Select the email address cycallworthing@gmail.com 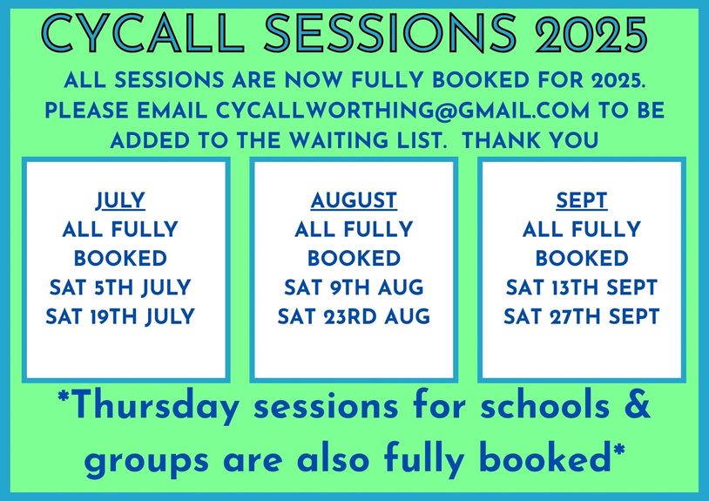pyautogui.click(x=402, y=111)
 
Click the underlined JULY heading pyautogui.click(x=120, y=200)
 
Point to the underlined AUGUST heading pyautogui.click(x=354, y=200)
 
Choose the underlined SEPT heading pyautogui.click(x=582, y=200)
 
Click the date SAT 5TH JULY pyautogui.click(x=120, y=288)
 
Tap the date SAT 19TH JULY pyautogui.click(x=120, y=317)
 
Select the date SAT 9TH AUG pyautogui.click(x=354, y=288)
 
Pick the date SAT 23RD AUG pyautogui.click(x=354, y=316)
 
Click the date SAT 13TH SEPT pyautogui.click(x=582, y=288)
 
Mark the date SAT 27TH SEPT pyautogui.click(x=582, y=316)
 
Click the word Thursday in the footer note pyautogui.click(x=154, y=407)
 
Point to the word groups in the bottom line pyautogui.click(x=147, y=462)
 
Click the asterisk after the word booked pyautogui.click(x=619, y=450)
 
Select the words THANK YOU pyautogui.click(x=530, y=140)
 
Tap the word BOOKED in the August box pyautogui.click(x=354, y=259)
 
